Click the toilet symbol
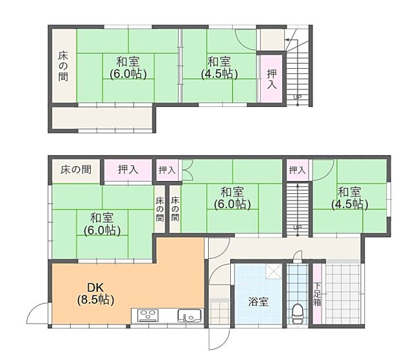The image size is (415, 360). coord(298,314)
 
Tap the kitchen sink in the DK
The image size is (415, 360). coord(189,315)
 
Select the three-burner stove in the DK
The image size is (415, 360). coord(148,315)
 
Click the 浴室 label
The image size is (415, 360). coord(258,302)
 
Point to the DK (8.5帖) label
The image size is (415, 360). coord(95,294)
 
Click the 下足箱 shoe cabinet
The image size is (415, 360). coord(317,294)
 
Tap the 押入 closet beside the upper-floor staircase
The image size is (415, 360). coord(272,78)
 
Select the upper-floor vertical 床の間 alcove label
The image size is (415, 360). coord(64,66)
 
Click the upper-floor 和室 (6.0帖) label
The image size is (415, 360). coord(128,67)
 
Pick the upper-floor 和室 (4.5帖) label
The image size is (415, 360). coord(219,67)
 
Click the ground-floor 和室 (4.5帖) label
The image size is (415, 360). coord(350,198)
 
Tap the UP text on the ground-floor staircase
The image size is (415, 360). coord(298,227)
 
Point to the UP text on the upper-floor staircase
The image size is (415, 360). coord(298,97)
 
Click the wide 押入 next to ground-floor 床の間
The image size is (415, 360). coord(128,170)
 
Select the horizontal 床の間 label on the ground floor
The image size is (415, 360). coord(76,170)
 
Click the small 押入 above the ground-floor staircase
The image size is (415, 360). coord(298,170)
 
